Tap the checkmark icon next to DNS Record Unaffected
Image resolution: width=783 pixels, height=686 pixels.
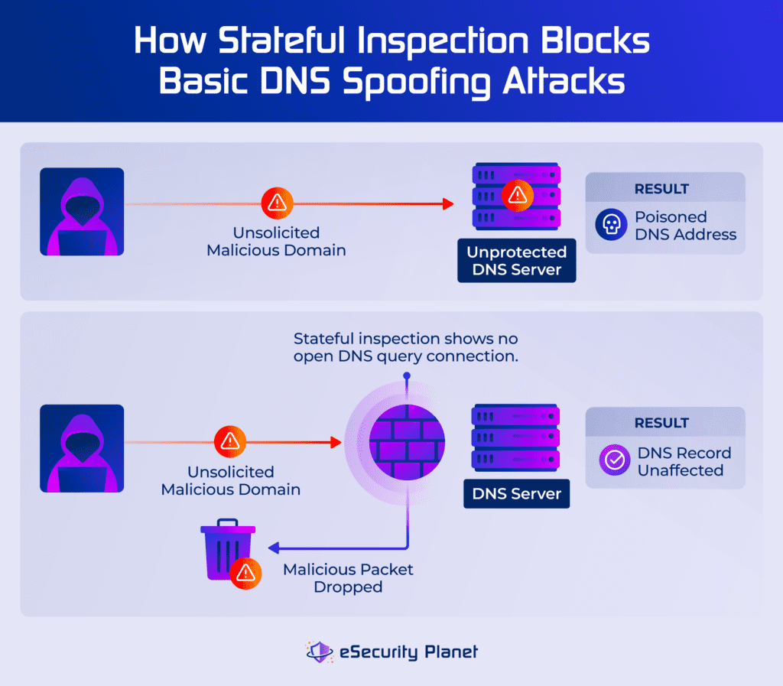(613, 460)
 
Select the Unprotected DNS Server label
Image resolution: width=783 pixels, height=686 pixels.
(517, 261)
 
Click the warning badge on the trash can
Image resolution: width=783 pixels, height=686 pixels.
(246, 574)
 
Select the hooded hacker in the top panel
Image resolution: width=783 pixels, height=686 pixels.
(82, 212)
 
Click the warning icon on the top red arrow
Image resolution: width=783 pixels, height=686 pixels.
(276, 203)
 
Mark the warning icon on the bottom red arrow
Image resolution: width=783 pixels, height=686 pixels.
(228, 441)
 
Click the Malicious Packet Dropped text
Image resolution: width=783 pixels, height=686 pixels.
(348, 578)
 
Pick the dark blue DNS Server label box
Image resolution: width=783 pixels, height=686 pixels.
(517, 493)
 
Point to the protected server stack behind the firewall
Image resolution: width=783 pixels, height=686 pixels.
(517, 438)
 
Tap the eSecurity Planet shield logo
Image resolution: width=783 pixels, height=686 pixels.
(319, 652)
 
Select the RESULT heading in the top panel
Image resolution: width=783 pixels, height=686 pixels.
(661, 188)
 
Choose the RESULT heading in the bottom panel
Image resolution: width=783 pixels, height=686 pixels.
(661, 423)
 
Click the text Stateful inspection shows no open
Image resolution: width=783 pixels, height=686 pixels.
(406, 339)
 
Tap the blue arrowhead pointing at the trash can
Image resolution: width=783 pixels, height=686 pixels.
(273, 548)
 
